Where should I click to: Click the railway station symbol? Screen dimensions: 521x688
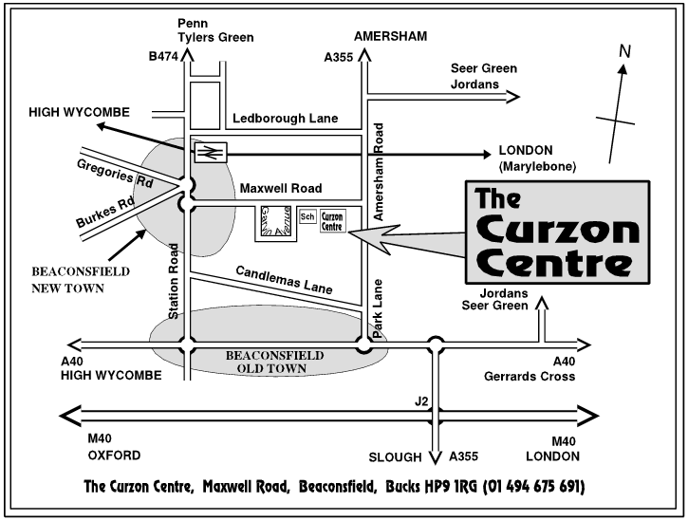(x=211, y=150)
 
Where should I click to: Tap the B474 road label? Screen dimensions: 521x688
(x=162, y=58)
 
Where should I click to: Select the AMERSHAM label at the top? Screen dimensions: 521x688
(x=389, y=36)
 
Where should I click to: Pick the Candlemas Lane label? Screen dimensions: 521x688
(x=286, y=279)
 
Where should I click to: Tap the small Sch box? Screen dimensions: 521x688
(x=307, y=217)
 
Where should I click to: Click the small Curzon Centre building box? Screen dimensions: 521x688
(x=332, y=221)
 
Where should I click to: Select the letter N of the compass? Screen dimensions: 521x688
(x=624, y=51)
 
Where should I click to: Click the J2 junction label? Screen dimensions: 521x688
(x=421, y=402)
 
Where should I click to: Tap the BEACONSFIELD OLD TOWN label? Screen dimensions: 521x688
(x=274, y=362)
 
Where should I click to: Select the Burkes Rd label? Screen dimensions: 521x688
(x=105, y=212)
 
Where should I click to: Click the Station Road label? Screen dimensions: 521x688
(x=175, y=281)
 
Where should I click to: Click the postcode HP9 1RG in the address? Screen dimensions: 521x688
(x=445, y=487)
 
